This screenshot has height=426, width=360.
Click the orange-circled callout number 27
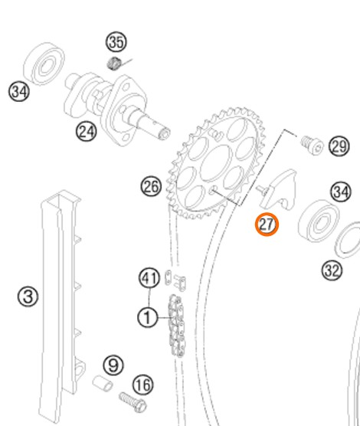point(267,224)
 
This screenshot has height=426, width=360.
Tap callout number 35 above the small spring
point(116,42)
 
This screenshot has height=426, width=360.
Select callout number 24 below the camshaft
point(86,132)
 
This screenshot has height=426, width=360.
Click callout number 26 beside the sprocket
point(151,187)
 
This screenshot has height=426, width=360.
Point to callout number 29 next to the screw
point(339,146)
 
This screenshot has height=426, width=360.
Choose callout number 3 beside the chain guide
point(28,297)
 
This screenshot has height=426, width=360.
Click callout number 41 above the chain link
point(149,278)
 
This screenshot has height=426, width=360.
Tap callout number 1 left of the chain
point(148,317)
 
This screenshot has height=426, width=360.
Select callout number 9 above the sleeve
point(113,365)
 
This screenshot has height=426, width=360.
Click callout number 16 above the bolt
point(143,385)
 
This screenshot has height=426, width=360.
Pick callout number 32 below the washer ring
point(332,270)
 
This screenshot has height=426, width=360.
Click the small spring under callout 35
point(114,64)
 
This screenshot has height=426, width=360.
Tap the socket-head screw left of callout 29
point(312,145)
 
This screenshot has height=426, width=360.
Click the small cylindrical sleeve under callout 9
point(103,383)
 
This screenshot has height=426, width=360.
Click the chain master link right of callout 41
point(175,280)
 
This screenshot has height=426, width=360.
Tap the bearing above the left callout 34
point(44,64)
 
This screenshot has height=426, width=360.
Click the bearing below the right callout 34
point(319,221)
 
